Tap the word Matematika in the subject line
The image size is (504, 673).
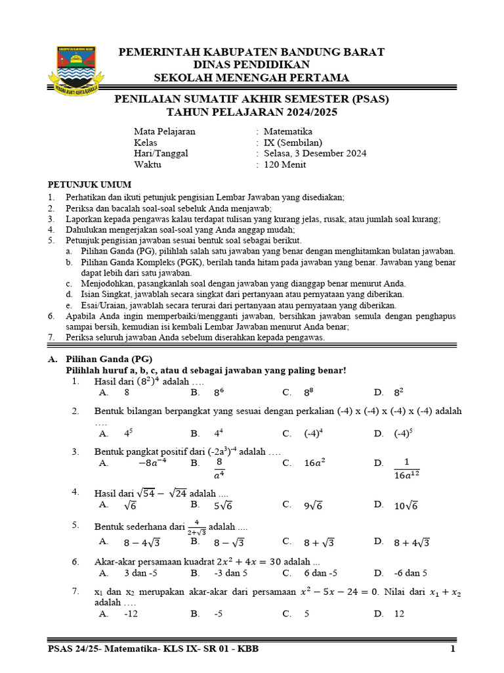[x=287, y=131]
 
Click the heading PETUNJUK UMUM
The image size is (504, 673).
[x=90, y=185]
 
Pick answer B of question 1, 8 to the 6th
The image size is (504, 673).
[x=219, y=393]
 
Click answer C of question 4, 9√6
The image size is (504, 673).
[x=314, y=505]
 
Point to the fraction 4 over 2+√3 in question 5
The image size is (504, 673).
[x=196, y=527]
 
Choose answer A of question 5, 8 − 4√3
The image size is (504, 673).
[x=142, y=542]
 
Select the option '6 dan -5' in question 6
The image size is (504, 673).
[x=320, y=573]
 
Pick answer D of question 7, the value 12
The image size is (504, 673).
[x=399, y=614]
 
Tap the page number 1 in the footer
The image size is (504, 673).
[x=452, y=650]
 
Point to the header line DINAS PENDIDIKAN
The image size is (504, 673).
[x=252, y=65]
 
